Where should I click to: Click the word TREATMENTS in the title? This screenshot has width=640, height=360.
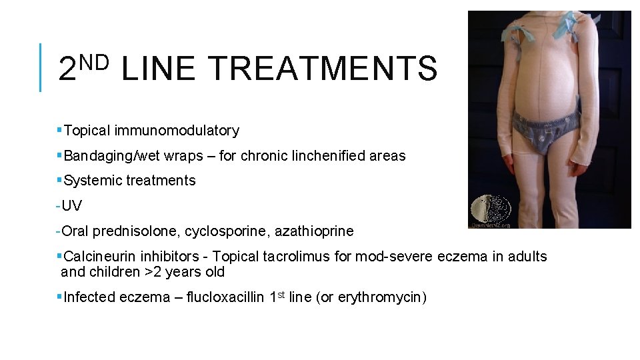point(323,69)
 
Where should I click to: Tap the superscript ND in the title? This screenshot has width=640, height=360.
point(94,62)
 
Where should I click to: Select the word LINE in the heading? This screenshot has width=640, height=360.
point(159,69)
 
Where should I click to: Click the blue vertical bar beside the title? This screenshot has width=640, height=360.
point(41,67)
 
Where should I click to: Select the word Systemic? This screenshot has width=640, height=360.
point(89,181)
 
